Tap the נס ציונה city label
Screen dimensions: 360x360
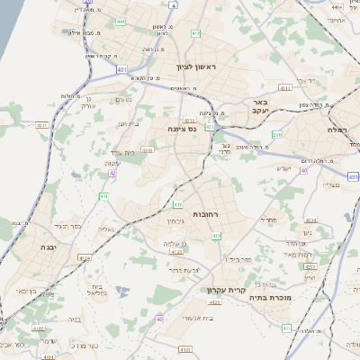(x=182, y=129)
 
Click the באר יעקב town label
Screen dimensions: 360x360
(x=262, y=107)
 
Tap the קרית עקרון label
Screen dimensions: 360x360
(x=227, y=290)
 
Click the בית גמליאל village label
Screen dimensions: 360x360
(x=98, y=289)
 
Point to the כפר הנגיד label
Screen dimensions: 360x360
(x=68, y=226)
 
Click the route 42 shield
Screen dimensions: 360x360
(x=112, y=173)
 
